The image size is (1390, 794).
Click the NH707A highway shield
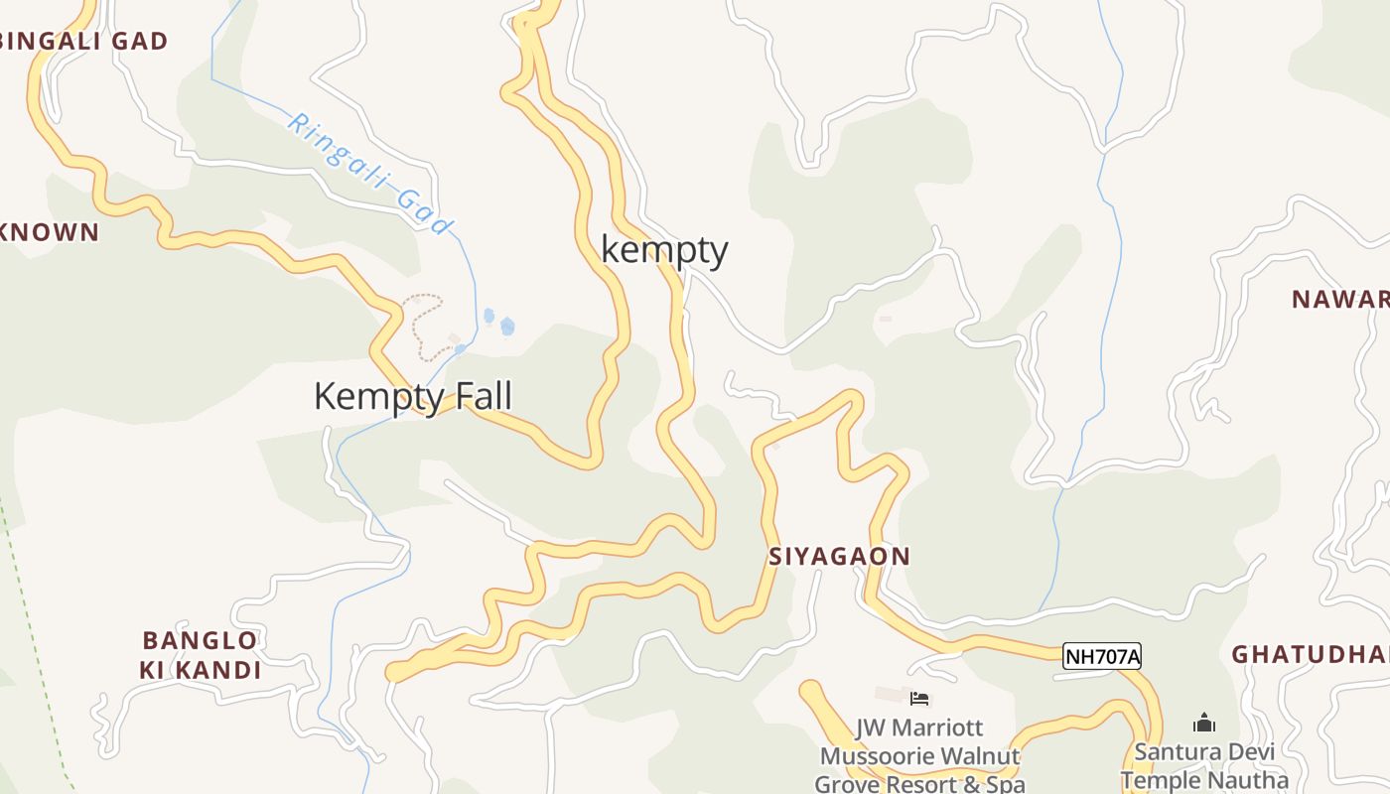pyautogui.click(x=1102, y=656)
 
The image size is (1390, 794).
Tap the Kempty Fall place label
pyautogui.click(x=413, y=397)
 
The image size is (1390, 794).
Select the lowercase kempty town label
pyautogui.click(x=664, y=250)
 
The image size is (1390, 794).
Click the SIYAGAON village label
pyautogui.click(x=839, y=557)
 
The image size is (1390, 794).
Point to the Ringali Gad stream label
pyautogui.click(x=369, y=175)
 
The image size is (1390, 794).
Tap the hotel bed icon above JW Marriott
pyautogui.click(x=919, y=699)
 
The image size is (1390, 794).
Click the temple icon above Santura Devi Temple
pyautogui.click(x=1203, y=722)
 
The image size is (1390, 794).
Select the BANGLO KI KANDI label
pyautogui.click(x=201, y=655)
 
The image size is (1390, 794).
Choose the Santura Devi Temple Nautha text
pyautogui.click(x=1203, y=765)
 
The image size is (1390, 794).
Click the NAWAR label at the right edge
pyautogui.click(x=1340, y=300)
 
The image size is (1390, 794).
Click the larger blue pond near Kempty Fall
pyautogui.click(x=507, y=326)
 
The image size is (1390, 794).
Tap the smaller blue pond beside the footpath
pyautogui.click(x=488, y=317)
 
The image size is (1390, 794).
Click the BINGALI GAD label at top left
pyautogui.click(x=84, y=42)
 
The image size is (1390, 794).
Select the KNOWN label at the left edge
pyautogui.click(x=50, y=233)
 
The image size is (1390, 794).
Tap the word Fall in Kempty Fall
pyautogui.click(x=482, y=397)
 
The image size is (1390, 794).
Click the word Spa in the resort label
pyautogui.click(x=1002, y=784)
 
